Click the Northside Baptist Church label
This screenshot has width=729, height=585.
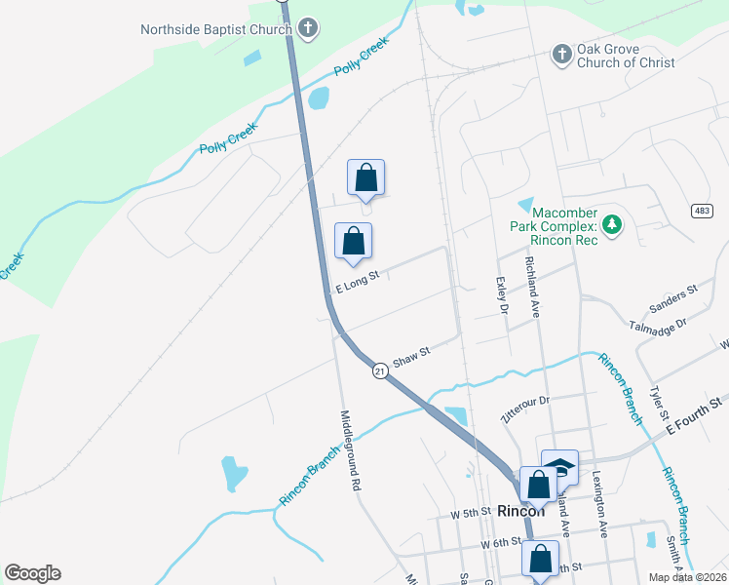[215, 29]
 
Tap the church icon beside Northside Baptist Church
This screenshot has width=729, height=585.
[308, 28]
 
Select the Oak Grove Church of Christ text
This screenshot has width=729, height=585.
[626, 56]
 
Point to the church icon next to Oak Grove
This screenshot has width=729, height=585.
[562, 55]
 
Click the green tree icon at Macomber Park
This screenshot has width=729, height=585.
[612, 225]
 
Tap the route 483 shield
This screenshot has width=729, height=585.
[703, 211]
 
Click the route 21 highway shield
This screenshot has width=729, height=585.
[380, 370]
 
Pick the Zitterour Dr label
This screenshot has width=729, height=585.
[525, 401]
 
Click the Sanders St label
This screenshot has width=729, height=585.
[678, 291]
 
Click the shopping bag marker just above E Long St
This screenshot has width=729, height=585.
[353, 240]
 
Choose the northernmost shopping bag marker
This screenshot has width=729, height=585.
[366, 177]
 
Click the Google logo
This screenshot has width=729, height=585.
[32, 573]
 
